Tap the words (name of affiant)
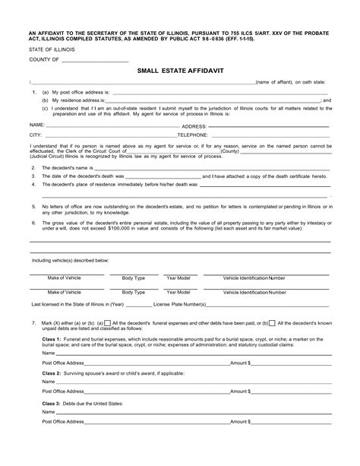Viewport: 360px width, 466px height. click(281, 81)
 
